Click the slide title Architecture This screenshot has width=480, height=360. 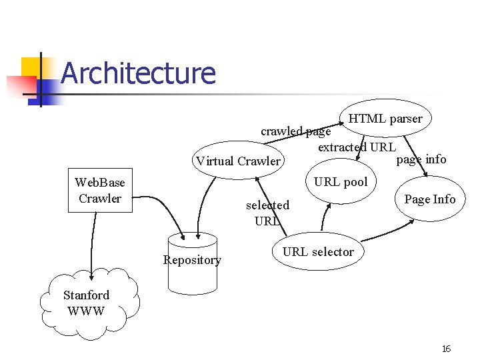[138, 73]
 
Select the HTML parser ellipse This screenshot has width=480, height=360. [385, 119]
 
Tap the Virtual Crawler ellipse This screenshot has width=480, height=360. [238, 161]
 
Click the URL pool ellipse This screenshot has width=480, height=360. [341, 181]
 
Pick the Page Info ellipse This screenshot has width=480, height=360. [429, 199]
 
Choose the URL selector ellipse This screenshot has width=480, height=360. [318, 252]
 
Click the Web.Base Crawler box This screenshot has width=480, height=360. [100, 191]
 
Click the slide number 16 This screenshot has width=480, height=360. [446, 349]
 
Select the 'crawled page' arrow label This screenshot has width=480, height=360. [295, 131]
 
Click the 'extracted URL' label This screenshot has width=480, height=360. [357, 147]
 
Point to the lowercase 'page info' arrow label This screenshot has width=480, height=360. [421, 159]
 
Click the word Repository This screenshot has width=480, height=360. [192, 260]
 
